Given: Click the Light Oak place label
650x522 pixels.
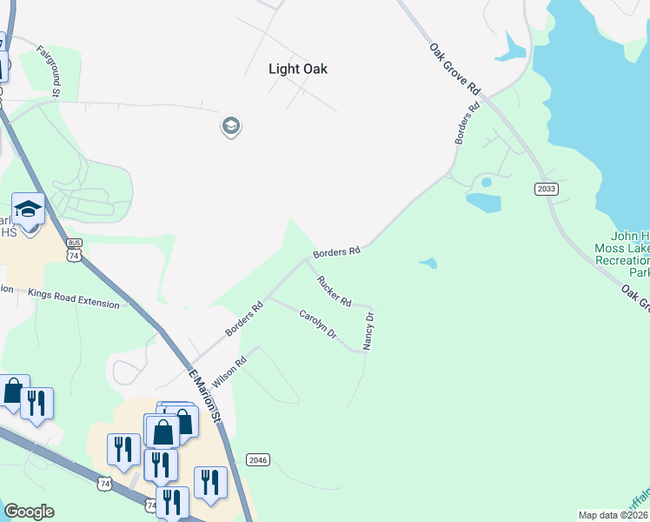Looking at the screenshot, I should [298, 69].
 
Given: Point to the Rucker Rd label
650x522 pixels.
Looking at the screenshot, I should [335, 291].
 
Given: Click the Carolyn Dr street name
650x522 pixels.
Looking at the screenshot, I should [317, 324].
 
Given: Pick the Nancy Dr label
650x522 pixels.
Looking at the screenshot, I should [368, 331].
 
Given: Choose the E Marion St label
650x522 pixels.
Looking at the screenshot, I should [207, 395].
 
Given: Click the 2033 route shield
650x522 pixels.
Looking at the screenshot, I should [547, 188].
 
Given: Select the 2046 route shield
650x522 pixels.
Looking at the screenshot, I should [258, 459].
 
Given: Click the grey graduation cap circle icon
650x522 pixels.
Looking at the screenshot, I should [231, 127].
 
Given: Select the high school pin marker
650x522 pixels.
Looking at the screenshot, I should [29, 211].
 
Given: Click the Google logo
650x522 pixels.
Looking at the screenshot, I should [29, 512].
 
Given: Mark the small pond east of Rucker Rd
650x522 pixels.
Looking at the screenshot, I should [428, 263].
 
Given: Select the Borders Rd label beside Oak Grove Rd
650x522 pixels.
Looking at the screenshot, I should [468, 125].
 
